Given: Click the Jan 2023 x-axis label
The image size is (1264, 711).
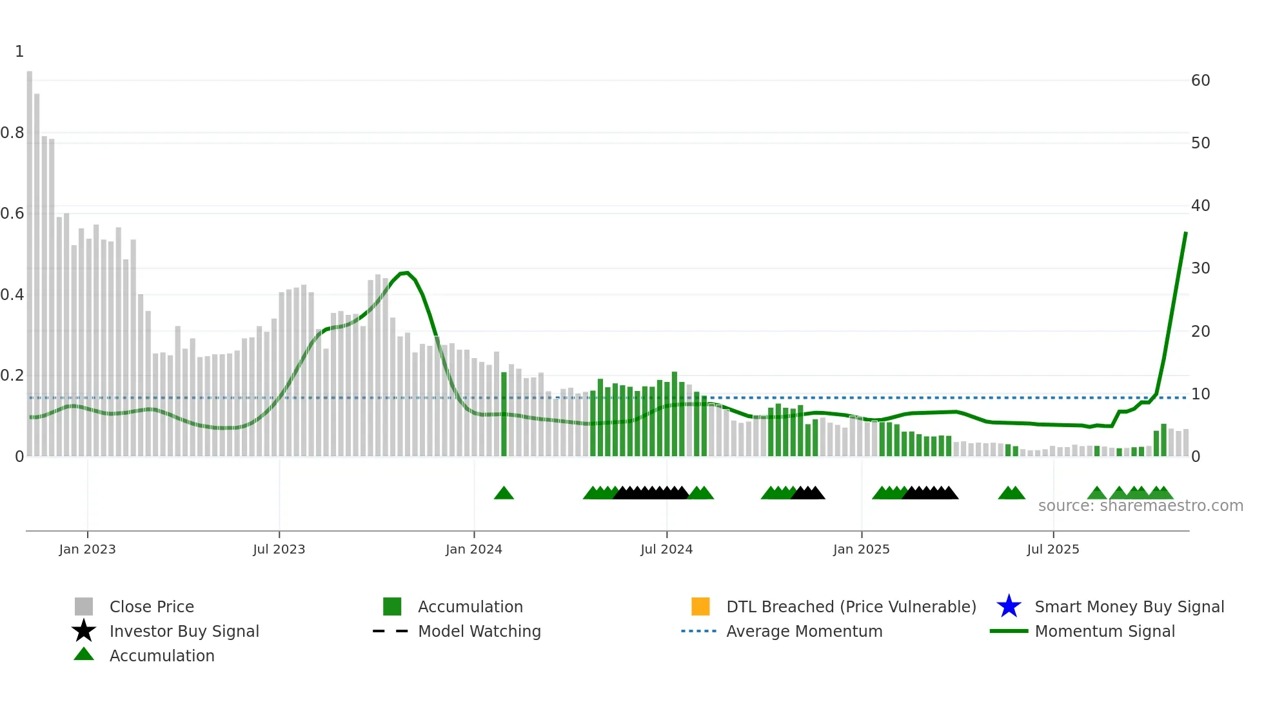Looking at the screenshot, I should point(87,549).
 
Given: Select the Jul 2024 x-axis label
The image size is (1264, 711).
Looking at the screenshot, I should point(666,549).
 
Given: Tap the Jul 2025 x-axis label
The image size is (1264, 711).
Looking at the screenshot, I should point(1052,549).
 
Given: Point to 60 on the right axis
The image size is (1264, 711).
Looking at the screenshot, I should point(1200,81).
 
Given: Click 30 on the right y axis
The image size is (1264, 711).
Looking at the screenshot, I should point(1200,268).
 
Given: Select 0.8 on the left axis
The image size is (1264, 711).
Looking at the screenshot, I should point(12,133).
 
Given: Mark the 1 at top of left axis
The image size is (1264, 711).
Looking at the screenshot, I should point(19,52).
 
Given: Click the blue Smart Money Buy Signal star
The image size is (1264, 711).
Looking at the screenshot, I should point(1009,606).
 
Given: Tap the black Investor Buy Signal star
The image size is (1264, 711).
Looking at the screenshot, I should point(84,631).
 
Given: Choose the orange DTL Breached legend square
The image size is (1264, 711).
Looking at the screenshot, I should point(700,606).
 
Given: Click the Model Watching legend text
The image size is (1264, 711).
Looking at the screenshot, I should point(479,631).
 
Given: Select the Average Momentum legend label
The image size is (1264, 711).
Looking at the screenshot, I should point(804,631).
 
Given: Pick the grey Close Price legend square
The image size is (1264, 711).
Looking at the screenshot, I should point(84,606).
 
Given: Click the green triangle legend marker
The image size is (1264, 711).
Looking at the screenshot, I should point(84,655).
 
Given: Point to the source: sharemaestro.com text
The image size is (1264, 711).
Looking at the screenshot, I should point(1140,506).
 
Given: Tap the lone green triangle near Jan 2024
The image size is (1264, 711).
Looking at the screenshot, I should point(504,494).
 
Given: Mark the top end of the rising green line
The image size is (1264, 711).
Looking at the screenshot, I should point(1185,233).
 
